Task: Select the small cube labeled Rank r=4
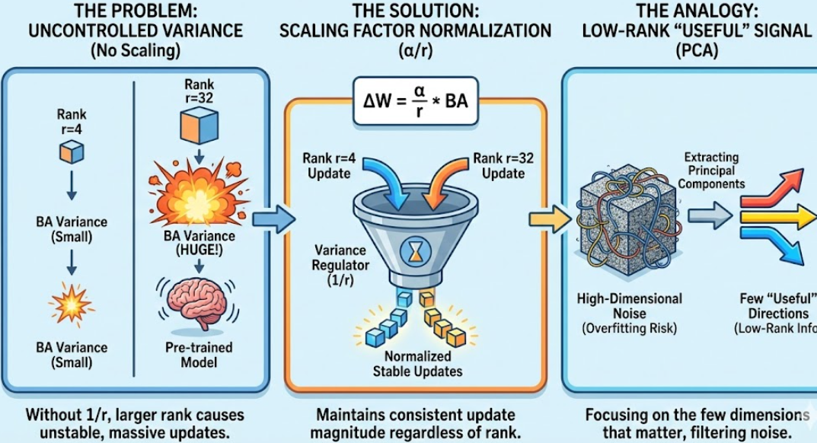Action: click(72, 151)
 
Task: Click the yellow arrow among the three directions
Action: click(777, 220)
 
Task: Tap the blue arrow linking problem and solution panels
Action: click(273, 219)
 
